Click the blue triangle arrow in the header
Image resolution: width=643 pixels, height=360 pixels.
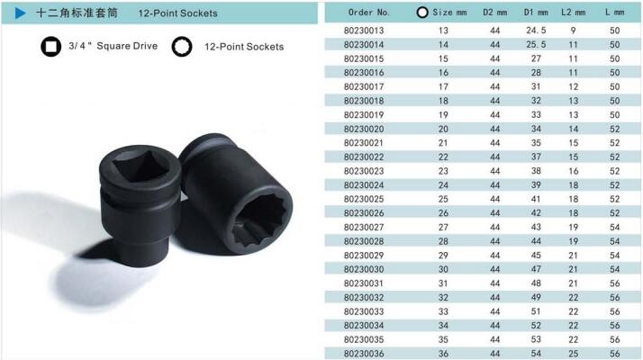pos(20,13)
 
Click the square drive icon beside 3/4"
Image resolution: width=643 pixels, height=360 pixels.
pos(50,46)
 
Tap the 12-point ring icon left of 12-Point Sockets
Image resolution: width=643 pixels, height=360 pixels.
pos(182,46)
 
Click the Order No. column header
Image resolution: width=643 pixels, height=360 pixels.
pos(368,13)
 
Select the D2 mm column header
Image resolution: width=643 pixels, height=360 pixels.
pos(494,13)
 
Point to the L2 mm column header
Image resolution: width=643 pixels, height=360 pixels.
pos(573,13)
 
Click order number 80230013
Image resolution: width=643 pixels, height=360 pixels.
pos(364,31)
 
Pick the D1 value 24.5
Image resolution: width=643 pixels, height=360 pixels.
pos(536,31)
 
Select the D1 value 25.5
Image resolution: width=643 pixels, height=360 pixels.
pos(536,44)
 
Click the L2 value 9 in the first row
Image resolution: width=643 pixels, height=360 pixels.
pos(573,31)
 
